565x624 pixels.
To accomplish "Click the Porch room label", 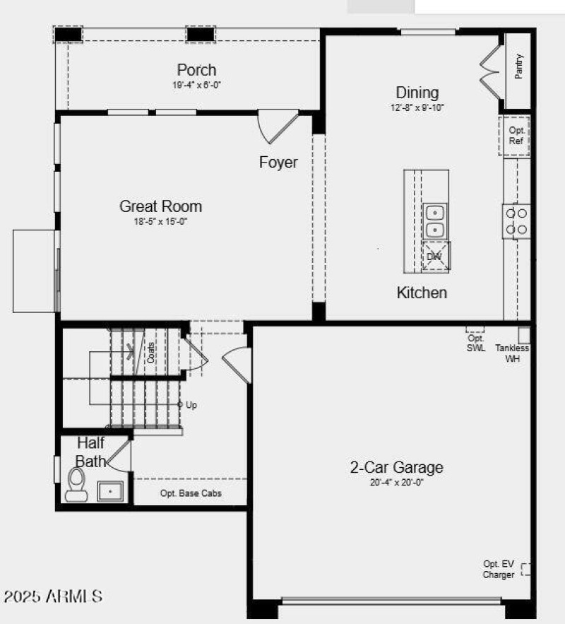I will click(196, 70).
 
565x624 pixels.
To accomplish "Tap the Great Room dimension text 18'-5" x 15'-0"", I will click(160, 221).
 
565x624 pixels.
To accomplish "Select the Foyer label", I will click(278, 163).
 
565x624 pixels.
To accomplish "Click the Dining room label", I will click(417, 93).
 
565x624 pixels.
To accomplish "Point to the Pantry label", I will click(519, 66).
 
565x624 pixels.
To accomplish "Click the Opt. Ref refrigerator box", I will click(516, 136).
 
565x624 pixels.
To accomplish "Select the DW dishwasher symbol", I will click(435, 256).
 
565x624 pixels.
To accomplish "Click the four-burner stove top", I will click(516, 220).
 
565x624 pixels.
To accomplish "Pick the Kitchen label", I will click(422, 293).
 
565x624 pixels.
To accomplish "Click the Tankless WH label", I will click(511, 353).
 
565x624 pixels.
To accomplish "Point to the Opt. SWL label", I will click(476, 343).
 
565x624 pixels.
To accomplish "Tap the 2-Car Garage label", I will click(397, 467).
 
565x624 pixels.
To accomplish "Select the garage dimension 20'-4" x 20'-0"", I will click(397, 483).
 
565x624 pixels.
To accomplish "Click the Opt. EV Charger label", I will click(499, 570).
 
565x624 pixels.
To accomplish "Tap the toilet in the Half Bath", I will click(76, 485).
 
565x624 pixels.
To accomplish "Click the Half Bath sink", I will click(110, 490).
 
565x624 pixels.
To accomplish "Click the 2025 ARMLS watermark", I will click(53, 596).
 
